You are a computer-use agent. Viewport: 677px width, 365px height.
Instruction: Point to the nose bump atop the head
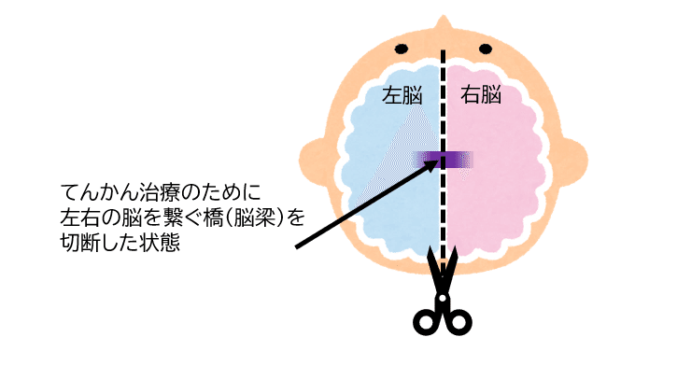(443, 21)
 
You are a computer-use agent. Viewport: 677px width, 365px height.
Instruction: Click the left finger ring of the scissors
(428, 320)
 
